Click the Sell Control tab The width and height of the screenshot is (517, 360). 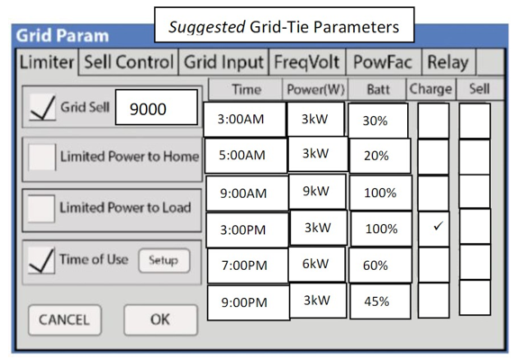tap(129, 62)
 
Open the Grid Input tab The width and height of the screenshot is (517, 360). tap(223, 62)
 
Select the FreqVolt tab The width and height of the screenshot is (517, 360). tap(307, 62)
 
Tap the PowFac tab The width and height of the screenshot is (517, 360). tap(383, 62)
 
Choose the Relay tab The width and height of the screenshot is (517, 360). tap(448, 62)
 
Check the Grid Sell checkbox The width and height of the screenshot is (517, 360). tap(42, 107)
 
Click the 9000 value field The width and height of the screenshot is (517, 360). tap(157, 108)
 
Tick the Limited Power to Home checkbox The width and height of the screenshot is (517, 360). tap(41, 157)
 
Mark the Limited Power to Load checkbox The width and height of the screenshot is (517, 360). tap(41, 209)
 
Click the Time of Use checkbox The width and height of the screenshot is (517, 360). tap(41, 260)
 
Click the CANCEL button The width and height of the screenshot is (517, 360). tap(65, 319)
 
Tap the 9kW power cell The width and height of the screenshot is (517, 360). tap(317, 192)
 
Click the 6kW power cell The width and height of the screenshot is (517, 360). tap(317, 265)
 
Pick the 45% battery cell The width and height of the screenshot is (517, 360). tap(380, 301)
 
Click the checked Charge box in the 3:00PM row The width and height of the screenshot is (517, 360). tap(434, 229)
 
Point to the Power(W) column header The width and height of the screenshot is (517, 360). tap(315, 89)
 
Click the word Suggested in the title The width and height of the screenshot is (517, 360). tap(207, 27)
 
